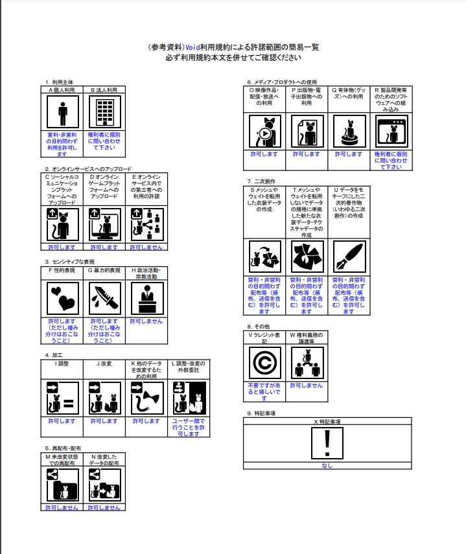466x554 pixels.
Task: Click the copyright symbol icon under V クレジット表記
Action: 264,363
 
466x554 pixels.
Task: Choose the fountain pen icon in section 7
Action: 349,257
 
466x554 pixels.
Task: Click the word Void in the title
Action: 192,47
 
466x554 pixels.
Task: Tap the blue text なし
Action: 327,466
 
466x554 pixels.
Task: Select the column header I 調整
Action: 62,364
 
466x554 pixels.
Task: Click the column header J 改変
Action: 104,364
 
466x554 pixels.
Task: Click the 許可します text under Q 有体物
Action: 349,154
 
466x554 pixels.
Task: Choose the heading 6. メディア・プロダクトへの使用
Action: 283,82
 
